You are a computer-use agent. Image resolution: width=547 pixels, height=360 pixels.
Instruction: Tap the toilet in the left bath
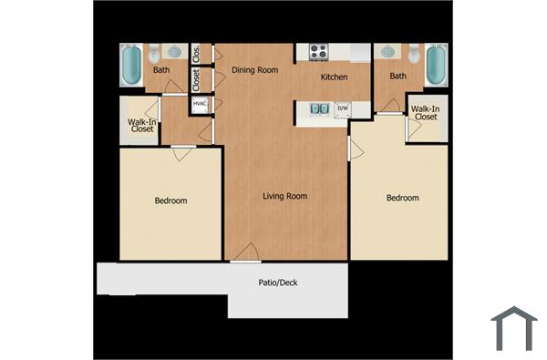pos(154,52)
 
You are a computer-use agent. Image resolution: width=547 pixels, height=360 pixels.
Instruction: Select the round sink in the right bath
pos(389,51)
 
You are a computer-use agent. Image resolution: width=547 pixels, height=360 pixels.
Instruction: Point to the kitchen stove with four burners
pos(318,52)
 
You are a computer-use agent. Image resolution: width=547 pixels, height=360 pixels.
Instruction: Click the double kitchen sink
pos(319,108)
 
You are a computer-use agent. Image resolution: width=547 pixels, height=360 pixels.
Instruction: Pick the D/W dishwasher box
pos(343,109)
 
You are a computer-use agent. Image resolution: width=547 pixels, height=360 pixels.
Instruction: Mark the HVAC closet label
pos(199,104)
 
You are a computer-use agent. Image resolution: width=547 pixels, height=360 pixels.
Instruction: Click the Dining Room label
pos(254,69)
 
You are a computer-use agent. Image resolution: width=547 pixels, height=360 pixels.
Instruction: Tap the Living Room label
pos(284,196)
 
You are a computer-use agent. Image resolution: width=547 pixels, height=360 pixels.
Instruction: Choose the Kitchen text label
pos(334,77)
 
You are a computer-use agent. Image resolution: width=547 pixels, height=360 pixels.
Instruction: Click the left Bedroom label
pos(170,201)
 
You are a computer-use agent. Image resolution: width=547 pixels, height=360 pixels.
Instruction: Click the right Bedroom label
pos(402,198)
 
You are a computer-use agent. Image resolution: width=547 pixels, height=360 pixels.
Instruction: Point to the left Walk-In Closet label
pos(142,124)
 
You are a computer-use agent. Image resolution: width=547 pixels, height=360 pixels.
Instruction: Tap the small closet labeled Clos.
pos(196,53)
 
